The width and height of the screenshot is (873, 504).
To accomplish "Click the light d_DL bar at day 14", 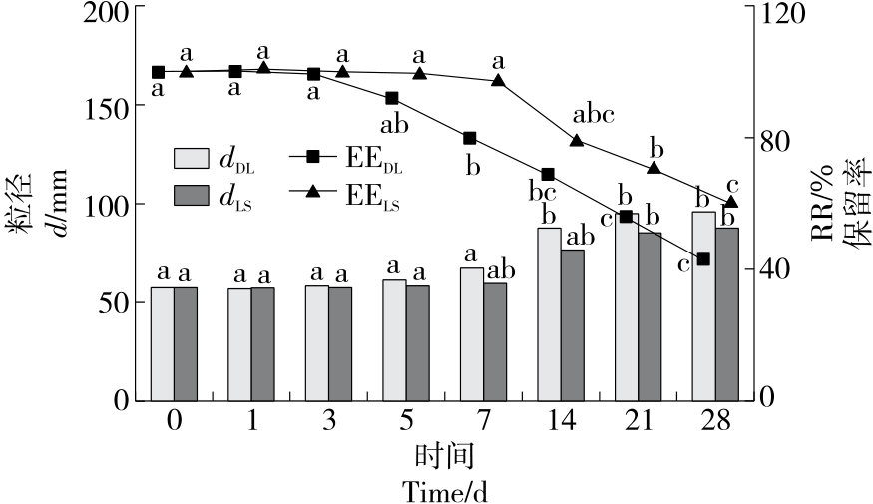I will (548, 313).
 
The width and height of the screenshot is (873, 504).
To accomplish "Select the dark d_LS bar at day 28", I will (726, 313).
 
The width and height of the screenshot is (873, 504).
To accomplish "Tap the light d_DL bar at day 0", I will (162, 343).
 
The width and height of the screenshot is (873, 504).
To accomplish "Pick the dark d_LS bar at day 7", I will (495, 341).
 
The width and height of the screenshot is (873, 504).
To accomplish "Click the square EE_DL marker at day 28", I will (703, 259).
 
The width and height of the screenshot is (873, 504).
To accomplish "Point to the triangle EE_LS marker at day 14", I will (577, 140).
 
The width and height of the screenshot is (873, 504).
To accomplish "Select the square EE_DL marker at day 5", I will (392, 98).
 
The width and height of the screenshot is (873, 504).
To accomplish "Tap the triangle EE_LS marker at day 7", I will (498, 81).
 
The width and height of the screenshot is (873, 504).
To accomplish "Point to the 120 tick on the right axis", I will (774, 13).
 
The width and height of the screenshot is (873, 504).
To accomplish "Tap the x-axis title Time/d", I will (444, 491).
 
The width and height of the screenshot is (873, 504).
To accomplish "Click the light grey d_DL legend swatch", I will (191, 159).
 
